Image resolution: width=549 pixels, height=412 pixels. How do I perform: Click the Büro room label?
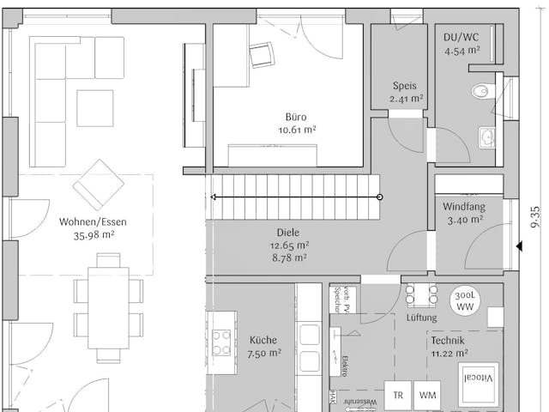click(x=296, y=117)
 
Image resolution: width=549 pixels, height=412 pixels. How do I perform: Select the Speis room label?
click(x=404, y=86)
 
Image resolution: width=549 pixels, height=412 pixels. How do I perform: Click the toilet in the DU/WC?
click(x=481, y=90)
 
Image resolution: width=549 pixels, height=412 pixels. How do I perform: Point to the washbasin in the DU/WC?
click(x=486, y=136)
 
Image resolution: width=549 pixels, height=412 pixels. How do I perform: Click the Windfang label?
click(x=463, y=207)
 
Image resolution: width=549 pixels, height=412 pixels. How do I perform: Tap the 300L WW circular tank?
click(x=464, y=301)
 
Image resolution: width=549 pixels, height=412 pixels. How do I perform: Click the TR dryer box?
click(x=398, y=396)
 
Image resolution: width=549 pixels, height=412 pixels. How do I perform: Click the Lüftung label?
click(x=422, y=318)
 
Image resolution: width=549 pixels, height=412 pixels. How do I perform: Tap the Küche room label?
click(x=263, y=340)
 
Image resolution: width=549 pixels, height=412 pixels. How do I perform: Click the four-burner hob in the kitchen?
click(x=221, y=343)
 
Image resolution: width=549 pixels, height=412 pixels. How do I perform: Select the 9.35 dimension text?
click(x=535, y=215)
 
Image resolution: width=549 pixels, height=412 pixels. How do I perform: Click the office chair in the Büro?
click(x=260, y=55)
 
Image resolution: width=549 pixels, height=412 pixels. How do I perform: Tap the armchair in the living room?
click(x=99, y=184)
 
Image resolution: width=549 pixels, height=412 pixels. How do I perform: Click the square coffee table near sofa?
click(x=94, y=107)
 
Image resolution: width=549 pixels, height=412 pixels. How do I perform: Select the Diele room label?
click(x=287, y=232)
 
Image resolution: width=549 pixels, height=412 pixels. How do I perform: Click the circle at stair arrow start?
click(x=380, y=197)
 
